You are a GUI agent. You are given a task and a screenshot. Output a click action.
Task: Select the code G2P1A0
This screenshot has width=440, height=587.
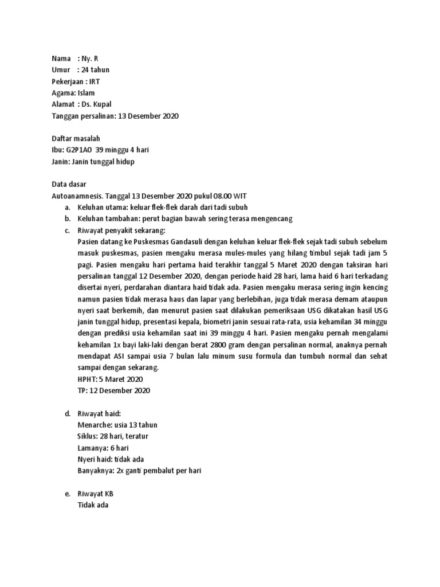coord(78,150)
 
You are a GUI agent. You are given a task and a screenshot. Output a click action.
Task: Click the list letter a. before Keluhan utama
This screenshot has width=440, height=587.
coord(68,208)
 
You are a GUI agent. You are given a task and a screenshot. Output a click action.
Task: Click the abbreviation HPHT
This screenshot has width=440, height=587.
coord(87,379)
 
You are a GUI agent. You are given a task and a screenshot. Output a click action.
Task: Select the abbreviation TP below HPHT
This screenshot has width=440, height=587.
coord(81,391)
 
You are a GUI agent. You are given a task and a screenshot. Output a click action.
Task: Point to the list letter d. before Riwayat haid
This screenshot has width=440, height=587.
coord(68,414)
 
